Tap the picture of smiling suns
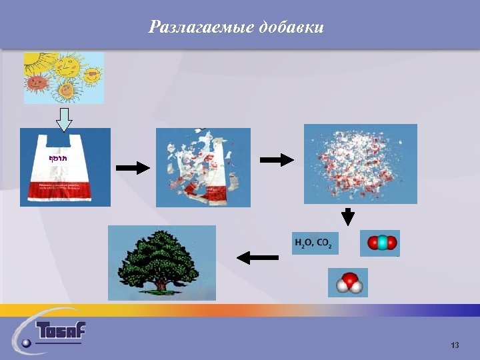(x=64, y=77)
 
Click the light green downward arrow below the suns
(x=63, y=119)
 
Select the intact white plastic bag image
(x=65, y=167)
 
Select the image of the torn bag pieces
(x=203, y=167)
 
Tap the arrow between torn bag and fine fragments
(x=276, y=160)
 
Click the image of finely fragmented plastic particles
(x=360, y=163)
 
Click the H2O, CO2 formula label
(x=315, y=243)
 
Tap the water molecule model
(x=348, y=283)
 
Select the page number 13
(x=455, y=345)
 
